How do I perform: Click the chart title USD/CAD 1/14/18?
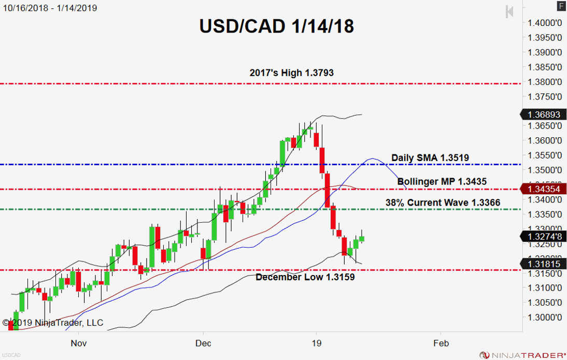click(277, 26)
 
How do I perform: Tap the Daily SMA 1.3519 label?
click(430, 157)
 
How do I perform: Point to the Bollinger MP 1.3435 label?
click(442, 182)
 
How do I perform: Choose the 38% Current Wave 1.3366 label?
click(443, 203)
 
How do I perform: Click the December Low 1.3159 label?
click(305, 277)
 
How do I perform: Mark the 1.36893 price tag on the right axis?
click(544, 115)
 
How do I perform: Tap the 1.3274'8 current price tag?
click(544, 237)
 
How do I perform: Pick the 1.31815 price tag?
click(544, 264)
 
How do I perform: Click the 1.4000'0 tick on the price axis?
click(545, 23)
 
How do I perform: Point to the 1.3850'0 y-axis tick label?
click(545, 67)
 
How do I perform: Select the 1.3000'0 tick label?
click(545, 317)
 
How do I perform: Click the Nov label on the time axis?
click(78, 342)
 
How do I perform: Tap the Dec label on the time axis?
click(204, 342)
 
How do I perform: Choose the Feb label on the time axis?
click(441, 342)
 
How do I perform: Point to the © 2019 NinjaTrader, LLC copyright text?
click(53, 323)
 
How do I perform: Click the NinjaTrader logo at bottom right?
click(522, 355)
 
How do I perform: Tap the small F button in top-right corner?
click(561, 6)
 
